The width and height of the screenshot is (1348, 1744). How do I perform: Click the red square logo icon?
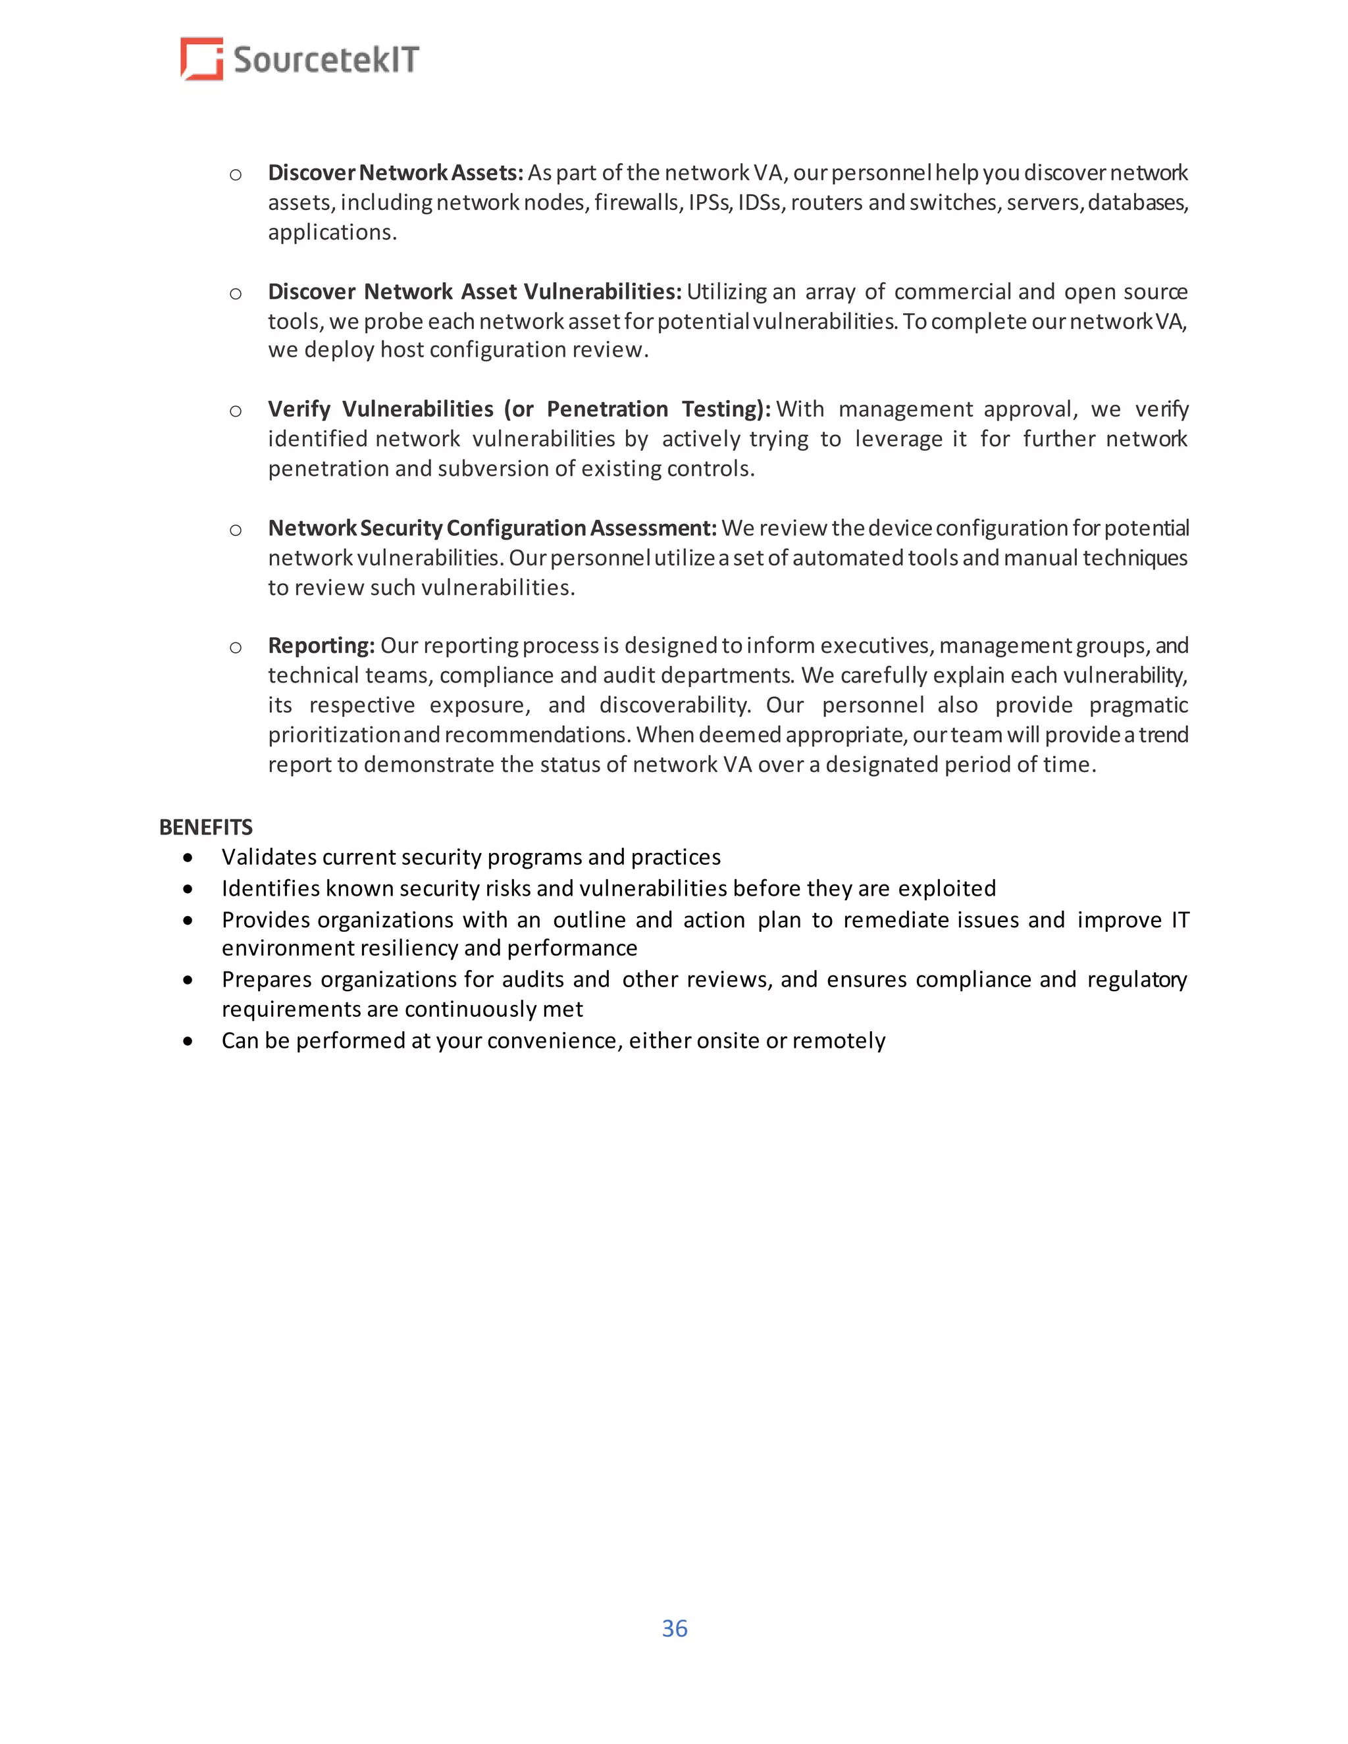point(201,59)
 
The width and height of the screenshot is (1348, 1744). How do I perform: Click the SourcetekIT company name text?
point(326,61)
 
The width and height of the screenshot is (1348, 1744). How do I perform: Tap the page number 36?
point(674,1628)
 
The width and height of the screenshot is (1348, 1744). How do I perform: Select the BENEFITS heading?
point(206,827)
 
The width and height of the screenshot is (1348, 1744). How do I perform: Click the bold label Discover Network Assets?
point(396,173)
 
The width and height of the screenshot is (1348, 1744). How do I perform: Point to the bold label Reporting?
point(321,645)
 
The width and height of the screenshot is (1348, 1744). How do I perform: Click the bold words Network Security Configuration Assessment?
point(492,528)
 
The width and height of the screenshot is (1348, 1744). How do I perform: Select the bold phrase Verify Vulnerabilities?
point(381,409)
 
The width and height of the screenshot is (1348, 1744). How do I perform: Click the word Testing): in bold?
point(725,409)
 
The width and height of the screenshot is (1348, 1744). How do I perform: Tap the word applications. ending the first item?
point(332,232)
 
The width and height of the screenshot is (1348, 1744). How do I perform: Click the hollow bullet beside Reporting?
point(236,647)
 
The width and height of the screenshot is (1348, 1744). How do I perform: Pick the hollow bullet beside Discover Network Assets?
point(236,174)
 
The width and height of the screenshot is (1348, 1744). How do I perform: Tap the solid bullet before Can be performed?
point(188,1041)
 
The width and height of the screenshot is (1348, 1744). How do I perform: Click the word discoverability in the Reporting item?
point(674,705)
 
